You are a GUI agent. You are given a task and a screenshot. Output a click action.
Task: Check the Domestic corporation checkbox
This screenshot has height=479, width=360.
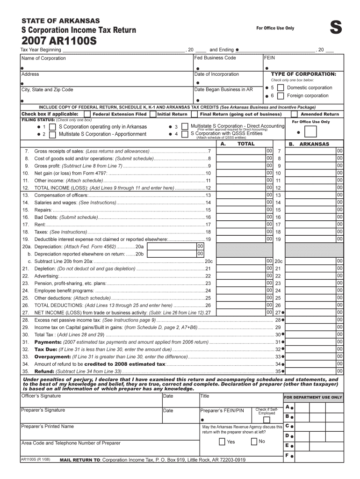(x=280, y=88)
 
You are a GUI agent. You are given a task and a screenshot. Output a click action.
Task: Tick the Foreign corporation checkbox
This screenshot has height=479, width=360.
(x=280, y=96)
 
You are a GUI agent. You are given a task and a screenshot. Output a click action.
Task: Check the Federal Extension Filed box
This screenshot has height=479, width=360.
(x=87, y=114)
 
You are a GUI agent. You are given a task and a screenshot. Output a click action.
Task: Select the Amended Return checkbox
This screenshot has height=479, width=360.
(x=294, y=114)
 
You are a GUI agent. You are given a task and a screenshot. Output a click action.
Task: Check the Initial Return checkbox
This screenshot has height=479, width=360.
(x=153, y=114)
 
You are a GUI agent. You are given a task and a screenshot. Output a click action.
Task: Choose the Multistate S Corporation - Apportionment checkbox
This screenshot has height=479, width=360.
(x=52, y=134)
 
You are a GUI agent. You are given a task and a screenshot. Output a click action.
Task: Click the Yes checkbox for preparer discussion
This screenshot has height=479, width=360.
(x=222, y=442)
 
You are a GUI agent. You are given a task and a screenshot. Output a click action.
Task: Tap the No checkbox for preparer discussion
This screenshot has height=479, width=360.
(x=254, y=442)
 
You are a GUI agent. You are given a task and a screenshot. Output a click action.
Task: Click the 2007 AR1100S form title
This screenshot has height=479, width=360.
(x=58, y=41)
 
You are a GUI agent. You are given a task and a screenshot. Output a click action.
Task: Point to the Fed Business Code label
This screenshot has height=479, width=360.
(x=215, y=58)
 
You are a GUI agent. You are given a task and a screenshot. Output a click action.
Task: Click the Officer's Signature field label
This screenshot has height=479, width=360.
(x=41, y=396)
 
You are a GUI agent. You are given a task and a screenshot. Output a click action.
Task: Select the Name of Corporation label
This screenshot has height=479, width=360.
(x=43, y=58)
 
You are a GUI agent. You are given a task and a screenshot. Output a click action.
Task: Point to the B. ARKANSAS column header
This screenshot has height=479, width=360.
(x=309, y=144)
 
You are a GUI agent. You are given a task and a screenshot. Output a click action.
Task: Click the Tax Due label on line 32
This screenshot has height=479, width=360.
(x=46, y=349)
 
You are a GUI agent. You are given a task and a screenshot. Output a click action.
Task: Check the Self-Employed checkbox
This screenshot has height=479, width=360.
(x=266, y=419)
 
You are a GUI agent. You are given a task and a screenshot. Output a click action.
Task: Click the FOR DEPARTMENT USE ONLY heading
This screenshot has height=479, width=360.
(x=313, y=398)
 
